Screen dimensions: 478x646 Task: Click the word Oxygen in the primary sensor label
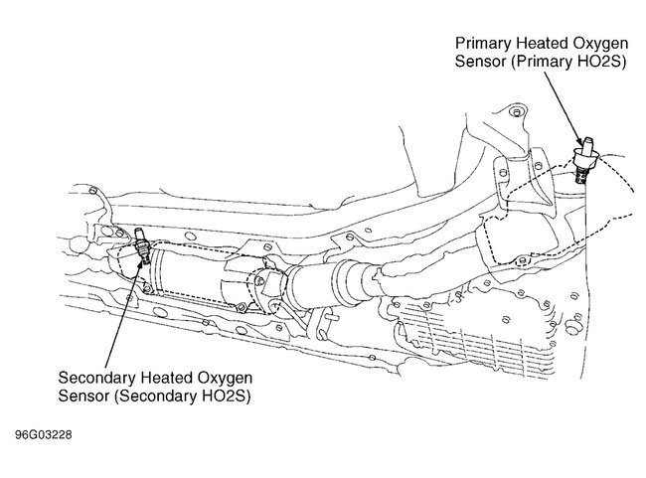pyautogui.click(x=599, y=44)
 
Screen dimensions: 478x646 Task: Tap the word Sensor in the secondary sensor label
pyautogui.click(x=83, y=396)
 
